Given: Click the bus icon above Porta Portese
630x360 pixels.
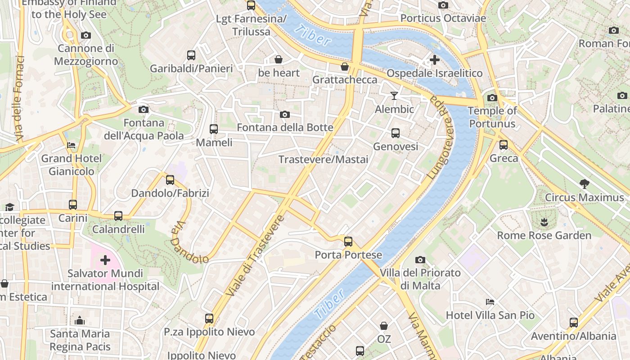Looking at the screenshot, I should [x=348, y=242].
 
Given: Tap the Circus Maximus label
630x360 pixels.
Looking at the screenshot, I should [x=584, y=198].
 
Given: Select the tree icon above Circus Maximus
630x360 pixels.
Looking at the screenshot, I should [x=585, y=184].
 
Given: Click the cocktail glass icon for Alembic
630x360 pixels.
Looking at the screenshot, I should [x=394, y=95].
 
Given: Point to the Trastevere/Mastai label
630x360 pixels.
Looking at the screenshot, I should [x=323, y=160].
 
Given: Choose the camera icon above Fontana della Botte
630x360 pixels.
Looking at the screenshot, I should [x=285, y=115].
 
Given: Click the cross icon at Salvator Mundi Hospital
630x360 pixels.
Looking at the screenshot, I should [x=105, y=260].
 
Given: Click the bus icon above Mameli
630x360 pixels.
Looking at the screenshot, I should [x=214, y=129].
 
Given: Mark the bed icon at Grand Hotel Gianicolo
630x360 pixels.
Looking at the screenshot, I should [x=71, y=145].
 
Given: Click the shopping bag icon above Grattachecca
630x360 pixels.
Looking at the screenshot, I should [x=345, y=67].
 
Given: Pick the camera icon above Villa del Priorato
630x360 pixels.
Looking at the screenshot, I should [x=420, y=260].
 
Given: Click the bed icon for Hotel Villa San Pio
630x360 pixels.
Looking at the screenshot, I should [x=490, y=301].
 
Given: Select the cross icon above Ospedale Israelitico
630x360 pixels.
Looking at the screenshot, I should [x=435, y=60].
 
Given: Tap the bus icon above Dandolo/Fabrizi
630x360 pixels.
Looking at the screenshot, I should [x=170, y=180].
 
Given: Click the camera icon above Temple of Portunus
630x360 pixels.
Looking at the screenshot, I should [x=492, y=98].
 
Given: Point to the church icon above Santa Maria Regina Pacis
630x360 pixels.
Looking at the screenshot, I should [x=80, y=320].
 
